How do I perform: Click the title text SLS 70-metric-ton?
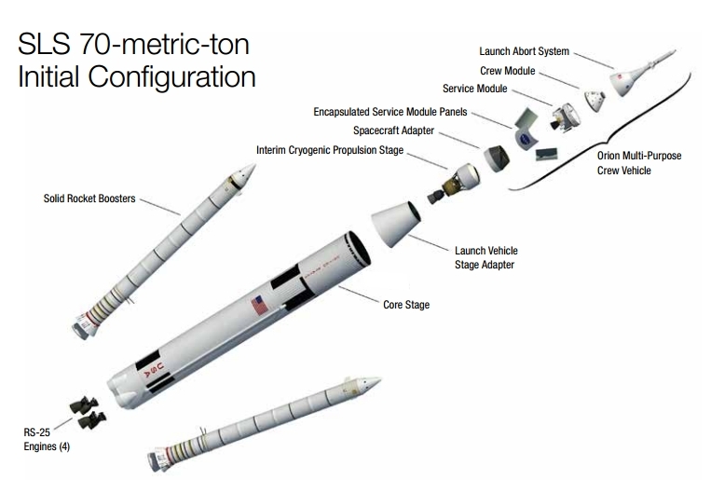click(134, 44)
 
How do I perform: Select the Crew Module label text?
click(506, 70)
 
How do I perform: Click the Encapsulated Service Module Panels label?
click(390, 112)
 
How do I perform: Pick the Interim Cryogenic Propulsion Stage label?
click(330, 149)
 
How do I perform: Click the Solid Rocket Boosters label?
click(89, 199)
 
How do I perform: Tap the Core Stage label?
click(406, 305)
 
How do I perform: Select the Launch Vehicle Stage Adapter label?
click(485, 257)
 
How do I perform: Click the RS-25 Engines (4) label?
click(46, 439)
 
